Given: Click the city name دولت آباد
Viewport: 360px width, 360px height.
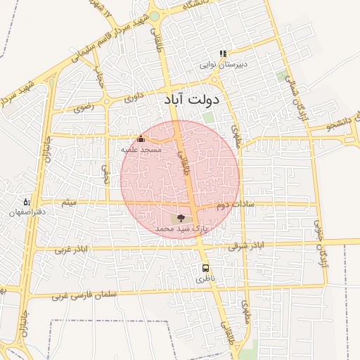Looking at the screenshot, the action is [x=191, y=100].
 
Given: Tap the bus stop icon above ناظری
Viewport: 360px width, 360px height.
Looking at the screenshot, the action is [x=205, y=268].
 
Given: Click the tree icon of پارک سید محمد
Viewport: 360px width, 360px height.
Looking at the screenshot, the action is [x=181, y=219].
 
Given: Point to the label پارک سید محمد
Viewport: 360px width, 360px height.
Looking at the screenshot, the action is [x=182, y=229].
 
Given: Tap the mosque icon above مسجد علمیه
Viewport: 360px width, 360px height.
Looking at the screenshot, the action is [x=141, y=139].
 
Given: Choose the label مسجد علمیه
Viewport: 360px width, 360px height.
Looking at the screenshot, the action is [x=141, y=150].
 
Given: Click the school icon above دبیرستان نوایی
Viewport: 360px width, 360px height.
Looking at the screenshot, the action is [x=223, y=53].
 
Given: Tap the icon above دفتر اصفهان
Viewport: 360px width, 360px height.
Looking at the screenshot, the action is [x=27, y=202].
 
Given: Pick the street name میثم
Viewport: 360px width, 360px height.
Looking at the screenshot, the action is [x=68, y=203].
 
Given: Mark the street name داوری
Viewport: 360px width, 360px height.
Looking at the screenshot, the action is [x=134, y=97].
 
